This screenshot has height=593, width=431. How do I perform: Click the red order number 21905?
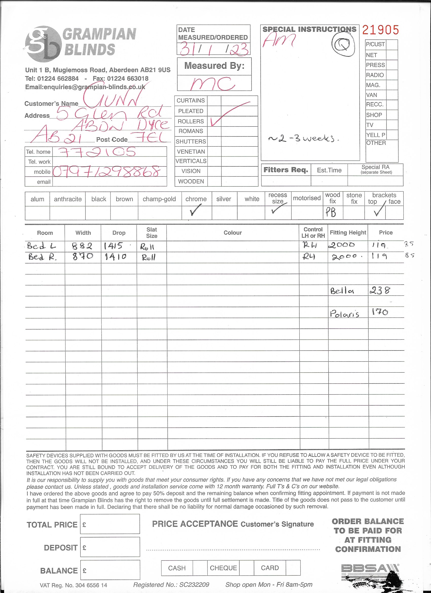(x=380, y=30)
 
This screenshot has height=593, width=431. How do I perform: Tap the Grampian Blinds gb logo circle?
(x=43, y=44)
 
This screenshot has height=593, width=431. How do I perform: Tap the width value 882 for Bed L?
(x=82, y=246)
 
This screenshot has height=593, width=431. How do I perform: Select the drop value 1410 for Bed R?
(x=115, y=257)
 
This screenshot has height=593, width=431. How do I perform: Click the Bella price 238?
(x=380, y=290)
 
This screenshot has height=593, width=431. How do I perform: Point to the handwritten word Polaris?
(x=344, y=313)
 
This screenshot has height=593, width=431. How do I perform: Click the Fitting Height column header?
(x=348, y=232)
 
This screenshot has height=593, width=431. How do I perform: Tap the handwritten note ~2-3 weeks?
(x=303, y=138)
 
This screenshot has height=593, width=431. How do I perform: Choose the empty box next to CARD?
(x=293, y=568)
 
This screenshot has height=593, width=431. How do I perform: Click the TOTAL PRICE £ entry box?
(x=110, y=524)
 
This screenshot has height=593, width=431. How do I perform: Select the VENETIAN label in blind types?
(x=191, y=152)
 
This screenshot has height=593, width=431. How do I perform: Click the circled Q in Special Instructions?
(x=343, y=45)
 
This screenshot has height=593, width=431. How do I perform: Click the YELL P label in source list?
(x=375, y=135)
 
